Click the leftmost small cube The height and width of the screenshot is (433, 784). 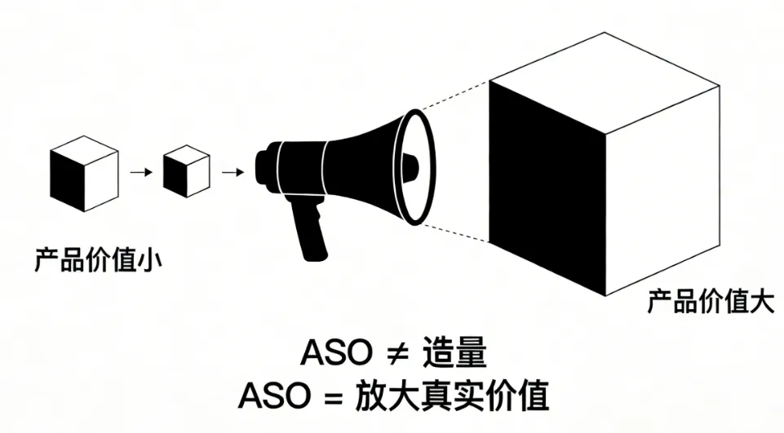tap(85, 174)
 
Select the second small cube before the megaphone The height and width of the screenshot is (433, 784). tap(186, 172)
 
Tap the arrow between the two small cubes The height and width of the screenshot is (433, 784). tap(141, 172)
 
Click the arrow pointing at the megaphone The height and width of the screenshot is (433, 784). tap(233, 172)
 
